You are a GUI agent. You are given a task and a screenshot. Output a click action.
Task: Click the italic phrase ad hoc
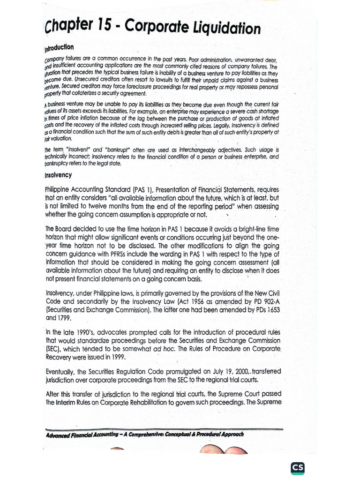point(165,349)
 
